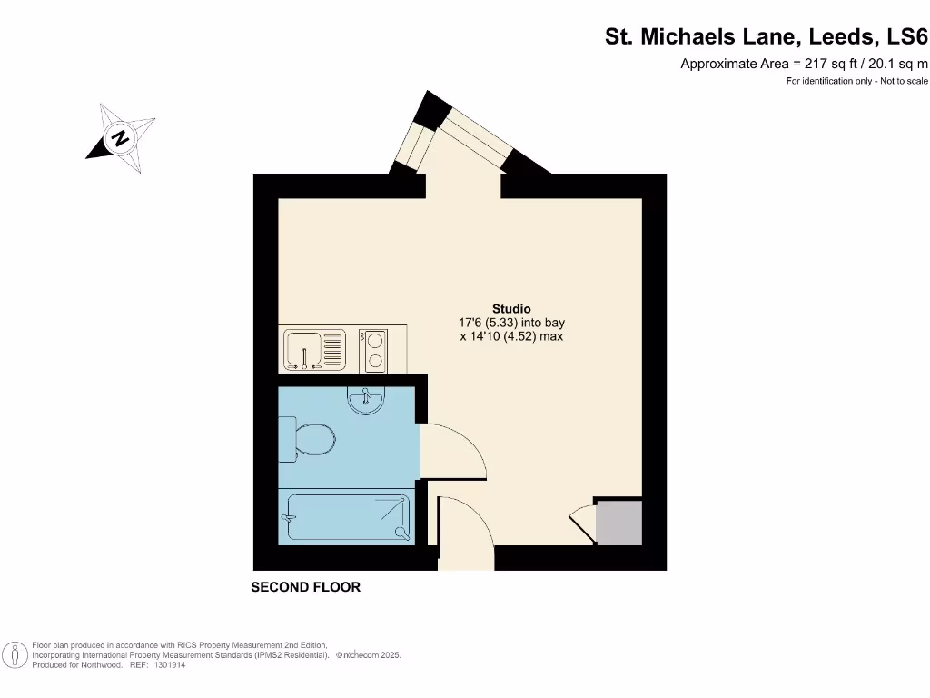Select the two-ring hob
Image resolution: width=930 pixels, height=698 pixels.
[373, 350]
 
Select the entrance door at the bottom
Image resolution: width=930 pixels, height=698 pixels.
[465, 532]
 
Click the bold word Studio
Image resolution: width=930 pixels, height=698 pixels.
[511, 309]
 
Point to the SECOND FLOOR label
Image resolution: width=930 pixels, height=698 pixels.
[305, 587]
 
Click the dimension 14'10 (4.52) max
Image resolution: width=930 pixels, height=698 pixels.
[511, 336]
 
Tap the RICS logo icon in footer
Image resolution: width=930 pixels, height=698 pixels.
[15, 654]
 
